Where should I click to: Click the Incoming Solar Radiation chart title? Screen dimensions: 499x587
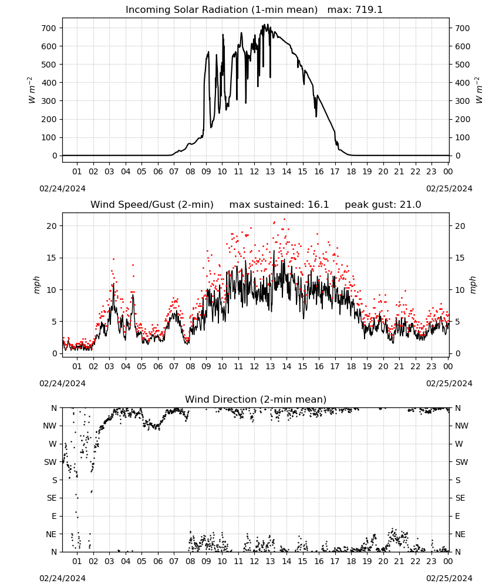[x=221, y=10]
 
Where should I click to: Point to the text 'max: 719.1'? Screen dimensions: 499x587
[x=355, y=10]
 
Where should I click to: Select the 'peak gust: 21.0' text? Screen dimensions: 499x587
[x=383, y=205]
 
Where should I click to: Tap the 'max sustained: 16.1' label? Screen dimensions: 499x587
[x=279, y=205]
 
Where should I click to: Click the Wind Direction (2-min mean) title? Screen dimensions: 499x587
[x=256, y=399]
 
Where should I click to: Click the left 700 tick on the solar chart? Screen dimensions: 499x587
[x=49, y=28]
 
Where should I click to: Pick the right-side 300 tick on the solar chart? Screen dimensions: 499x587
[x=463, y=101]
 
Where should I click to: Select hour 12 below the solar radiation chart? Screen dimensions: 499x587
[x=254, y=171]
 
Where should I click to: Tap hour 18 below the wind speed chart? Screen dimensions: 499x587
[x=351, y=366]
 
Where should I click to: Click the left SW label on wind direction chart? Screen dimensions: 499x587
[x=50, y=462]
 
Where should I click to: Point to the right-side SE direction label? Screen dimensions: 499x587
[x=460, y=498]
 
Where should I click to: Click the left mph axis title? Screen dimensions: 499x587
[x=36, y=285]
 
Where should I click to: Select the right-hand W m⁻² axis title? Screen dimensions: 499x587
[x=479, y=90]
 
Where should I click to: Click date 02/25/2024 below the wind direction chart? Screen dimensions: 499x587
[x=449, y=578]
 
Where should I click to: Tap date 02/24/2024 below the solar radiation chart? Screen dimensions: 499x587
[x=62, y=188]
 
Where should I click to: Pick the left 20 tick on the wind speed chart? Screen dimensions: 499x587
[x=52, y=226]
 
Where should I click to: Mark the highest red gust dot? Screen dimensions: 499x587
[x=285, y=220]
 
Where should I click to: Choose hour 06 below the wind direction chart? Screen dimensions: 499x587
[x=158, y=561]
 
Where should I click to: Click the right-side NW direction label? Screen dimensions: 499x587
[x=461, y=426]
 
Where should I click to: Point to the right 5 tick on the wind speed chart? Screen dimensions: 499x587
[x=457, y=322]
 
